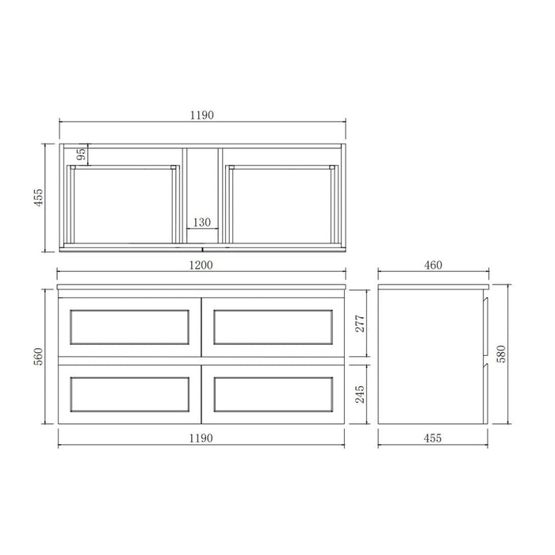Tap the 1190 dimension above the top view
[202, 114]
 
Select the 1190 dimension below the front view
[202, 438]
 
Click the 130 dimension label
[201, 224]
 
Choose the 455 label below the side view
[432, 438]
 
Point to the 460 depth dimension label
[432, 265]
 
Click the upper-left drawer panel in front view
[129, 327]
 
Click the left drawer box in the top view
[123, 205]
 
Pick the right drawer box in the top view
[281, 205]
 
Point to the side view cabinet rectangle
[432, 357]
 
